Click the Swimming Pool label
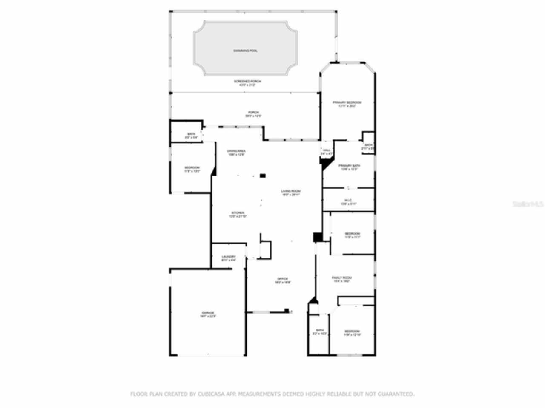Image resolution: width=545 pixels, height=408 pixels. (245, 51)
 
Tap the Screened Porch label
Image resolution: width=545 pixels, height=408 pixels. (247, 81)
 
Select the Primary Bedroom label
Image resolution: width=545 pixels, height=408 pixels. (347, 102)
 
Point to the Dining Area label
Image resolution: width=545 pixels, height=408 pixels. (236, 151)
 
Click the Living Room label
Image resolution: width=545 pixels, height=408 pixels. (291, 191)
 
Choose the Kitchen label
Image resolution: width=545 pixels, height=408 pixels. (238, 213)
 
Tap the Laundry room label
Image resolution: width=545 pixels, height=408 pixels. (229, 257)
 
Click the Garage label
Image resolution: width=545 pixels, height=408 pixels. (208, 313)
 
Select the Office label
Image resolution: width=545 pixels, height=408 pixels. (283, 279)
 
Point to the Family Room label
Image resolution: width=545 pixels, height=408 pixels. (341, 278)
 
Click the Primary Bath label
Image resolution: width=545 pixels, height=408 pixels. (349, 166)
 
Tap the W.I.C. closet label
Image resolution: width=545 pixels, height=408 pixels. (348, 201)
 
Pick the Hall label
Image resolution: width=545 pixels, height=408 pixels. (327, 150)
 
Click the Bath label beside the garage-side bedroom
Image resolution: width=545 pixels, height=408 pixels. (191, 134)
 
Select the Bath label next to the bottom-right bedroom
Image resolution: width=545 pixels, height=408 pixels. (320, 330)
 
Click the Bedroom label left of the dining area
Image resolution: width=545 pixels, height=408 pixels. (192, 168)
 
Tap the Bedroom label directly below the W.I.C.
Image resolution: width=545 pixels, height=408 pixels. (352, 234)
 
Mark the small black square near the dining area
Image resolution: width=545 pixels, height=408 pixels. (263, 175)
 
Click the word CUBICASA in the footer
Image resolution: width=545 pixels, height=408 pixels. (209, 394)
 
